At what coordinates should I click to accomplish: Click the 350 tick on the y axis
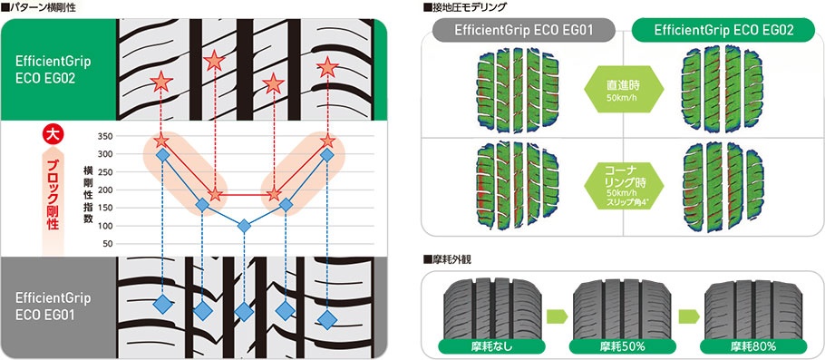tap(106, 136)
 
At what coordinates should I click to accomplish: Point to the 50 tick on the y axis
tap(108, 244)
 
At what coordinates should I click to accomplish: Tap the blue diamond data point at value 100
tap(244, 226)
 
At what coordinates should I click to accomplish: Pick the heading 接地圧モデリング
tap(464, 7)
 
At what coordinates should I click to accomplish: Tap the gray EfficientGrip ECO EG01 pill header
tap(524, 30)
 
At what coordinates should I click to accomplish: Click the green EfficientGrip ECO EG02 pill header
tap(723, 30)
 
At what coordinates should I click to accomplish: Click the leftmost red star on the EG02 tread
tap(161, 83)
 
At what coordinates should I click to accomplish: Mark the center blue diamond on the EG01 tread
tap(244, 312)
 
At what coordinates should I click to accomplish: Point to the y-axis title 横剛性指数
tap(87, 195)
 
